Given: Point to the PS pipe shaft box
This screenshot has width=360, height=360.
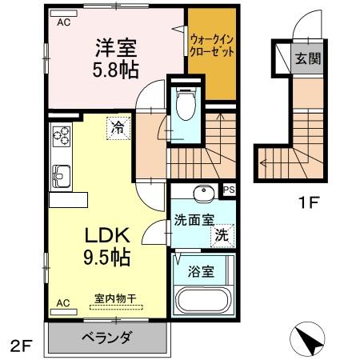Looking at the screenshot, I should click(229, 190).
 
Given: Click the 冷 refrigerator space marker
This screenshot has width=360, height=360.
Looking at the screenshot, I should click(118, 126).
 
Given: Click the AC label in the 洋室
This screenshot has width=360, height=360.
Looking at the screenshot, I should click(63, 22).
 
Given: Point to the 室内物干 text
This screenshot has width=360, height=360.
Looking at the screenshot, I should click(114, 298).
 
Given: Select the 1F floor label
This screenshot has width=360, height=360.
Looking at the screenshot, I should click(310, 202).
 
